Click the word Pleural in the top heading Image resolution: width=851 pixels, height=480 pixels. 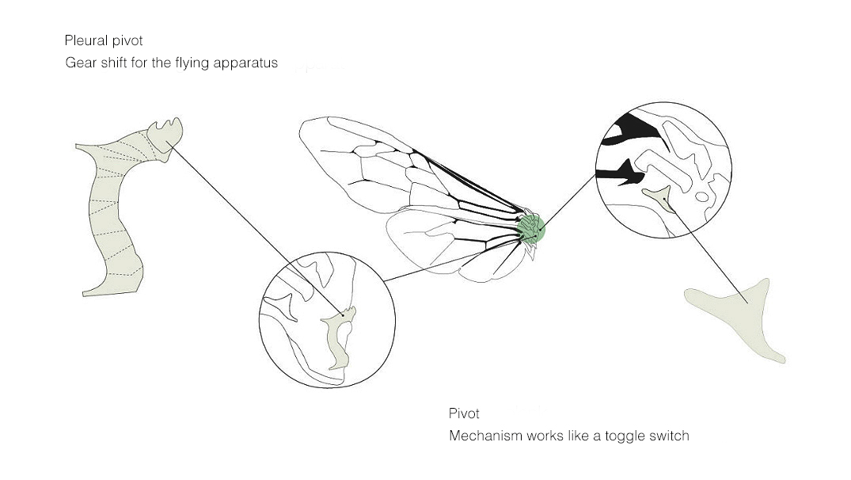(85, 40)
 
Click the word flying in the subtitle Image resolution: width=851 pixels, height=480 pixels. (192, 63)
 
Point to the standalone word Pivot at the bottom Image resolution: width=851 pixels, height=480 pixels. (464, 413)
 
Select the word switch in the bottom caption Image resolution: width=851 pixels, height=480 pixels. (668, 436)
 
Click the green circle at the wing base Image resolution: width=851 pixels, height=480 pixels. (531, 228)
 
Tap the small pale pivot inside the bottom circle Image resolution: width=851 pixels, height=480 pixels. (339, 337)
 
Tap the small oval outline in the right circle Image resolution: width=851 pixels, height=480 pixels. (701, 196)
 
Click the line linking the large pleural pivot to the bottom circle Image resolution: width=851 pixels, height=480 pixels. (255, 229)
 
